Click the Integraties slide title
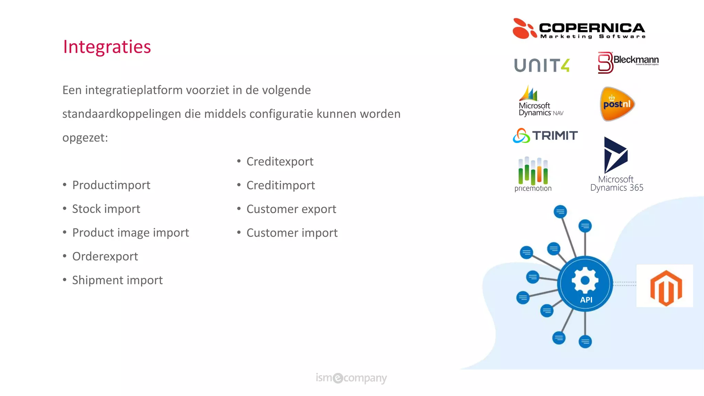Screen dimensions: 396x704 pyautogui.click(x=107, y=47)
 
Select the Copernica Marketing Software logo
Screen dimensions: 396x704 pyautogui.click(x=579, y=29)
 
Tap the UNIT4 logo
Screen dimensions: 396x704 pyautogui.click(x=542, y=65)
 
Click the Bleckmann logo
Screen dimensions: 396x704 pyautogui.click(x=628, y=62)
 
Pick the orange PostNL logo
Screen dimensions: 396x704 pyautogui.click(x=617, y=104)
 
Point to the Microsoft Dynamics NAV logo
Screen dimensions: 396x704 pyautogui.click(x=540, y=101)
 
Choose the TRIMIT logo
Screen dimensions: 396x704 pyautogui.click(x=545, y=135)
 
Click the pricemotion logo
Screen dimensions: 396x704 pyautogui.click(x=533, y=174)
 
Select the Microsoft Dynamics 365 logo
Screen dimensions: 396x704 pyautogui.click(x=616, y=164)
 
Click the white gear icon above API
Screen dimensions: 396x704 pyautogui.click(x=585, y=280)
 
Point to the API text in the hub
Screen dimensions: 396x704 pyautogui.click(x=586, y=300)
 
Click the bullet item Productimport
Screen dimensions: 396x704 pyautogui.click(x=111, y=185)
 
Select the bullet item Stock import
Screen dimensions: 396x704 pyautogui.click(x=106, y=209)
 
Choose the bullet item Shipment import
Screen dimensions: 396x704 pyautogui.click(x=117, y=280)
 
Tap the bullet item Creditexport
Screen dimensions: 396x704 pyautogui.click(x=280, y=162)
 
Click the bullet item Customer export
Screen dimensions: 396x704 pyautogui.click(x=291, y=209)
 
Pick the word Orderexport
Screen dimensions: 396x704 pyautogui.click(x=105, y=256)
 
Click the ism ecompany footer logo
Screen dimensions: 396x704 pyautogui.click(x=351, y=378)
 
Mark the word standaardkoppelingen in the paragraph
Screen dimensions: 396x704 pyautogui.click(x=122, y=114)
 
